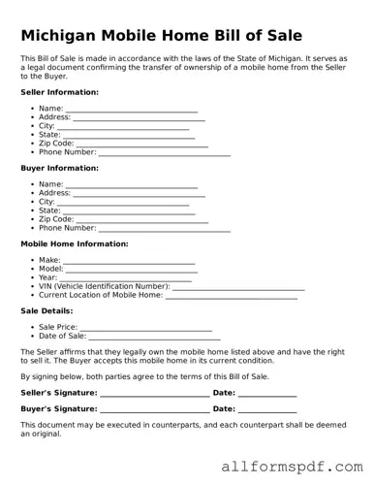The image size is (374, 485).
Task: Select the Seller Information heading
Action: point(59,92)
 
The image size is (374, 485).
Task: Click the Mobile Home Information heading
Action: point(75,243)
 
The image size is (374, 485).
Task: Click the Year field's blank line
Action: point(128,279)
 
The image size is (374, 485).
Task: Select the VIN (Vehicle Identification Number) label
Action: point(104,286)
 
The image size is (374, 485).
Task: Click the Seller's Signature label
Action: point(59,393)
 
